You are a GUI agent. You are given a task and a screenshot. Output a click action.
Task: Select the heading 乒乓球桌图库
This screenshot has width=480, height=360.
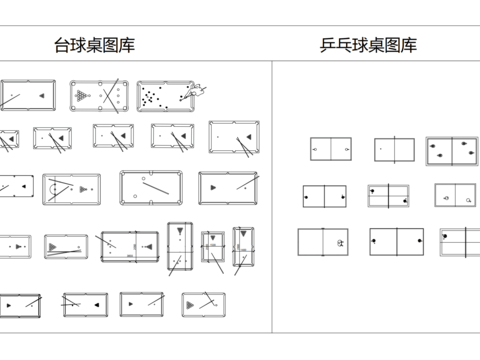tap(368, 45)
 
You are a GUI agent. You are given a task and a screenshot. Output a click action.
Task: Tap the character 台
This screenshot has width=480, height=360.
tap(62, 45)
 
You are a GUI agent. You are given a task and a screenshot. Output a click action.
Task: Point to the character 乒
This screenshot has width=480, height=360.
tap(328, 45)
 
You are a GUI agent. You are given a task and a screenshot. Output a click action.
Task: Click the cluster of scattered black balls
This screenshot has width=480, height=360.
tap(152, 96)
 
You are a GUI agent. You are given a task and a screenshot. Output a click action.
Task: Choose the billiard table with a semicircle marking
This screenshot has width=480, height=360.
tap(70, 187)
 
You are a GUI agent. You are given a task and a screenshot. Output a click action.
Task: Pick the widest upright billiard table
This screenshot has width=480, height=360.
tap(179, 246)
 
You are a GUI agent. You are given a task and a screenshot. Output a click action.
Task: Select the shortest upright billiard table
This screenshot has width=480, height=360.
tap(212, 247)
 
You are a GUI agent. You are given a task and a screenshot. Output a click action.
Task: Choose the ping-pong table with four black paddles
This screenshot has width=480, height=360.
tap(452, 150)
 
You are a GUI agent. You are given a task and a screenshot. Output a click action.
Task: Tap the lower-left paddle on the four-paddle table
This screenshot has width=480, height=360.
tap(437, 157)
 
